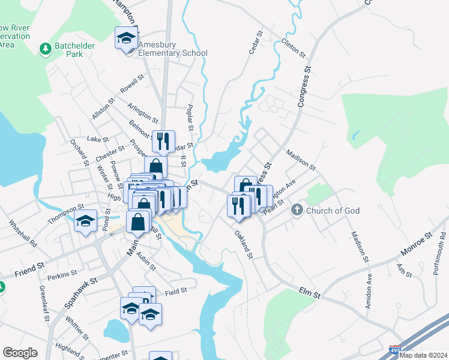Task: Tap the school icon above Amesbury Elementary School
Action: pyautogui.click(x=126, y=38)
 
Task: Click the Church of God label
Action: pyautogui.click(x=331, y=211)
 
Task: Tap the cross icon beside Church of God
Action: pyautogui.click(x=297, y=211)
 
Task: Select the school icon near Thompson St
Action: pyautogui.click(x=86, y=221)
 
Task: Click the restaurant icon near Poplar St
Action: pyautogui.click(x=163, y=142)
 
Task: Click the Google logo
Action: pyautogui.click(x=20, y=353)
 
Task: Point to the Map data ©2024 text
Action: pyautogui.click(x=423, y=355)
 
